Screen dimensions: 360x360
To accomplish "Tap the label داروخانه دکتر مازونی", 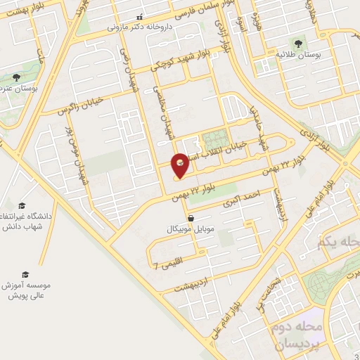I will pyautogui.click(x=139, y=27).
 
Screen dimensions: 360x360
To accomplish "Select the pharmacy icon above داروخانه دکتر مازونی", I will pyautogui.click(x=139, y=17).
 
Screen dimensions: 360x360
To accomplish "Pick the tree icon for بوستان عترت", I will pyautogui.click(x=16, y=77).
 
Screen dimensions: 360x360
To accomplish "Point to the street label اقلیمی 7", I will pyautogui.click(x=166, y=266).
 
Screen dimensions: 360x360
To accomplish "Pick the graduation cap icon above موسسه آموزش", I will pyautogui.click(x=25, y=274).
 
